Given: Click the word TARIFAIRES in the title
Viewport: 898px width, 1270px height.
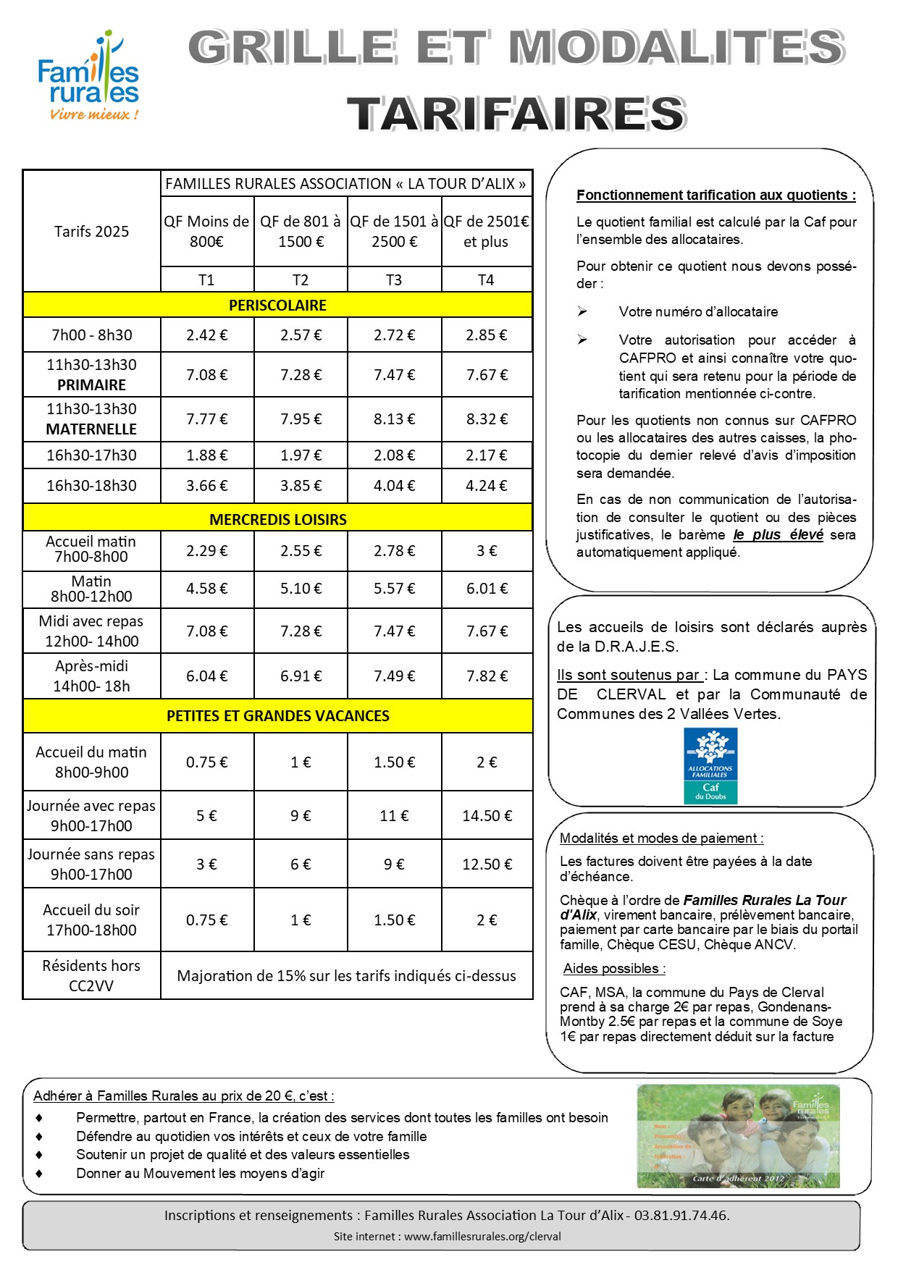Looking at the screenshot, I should [516, 114].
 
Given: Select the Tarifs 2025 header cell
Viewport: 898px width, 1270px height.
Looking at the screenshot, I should [91, 232].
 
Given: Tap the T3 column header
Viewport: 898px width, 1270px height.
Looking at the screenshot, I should [394, 280].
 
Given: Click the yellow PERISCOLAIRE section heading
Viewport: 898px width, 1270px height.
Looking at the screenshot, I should [277, 306].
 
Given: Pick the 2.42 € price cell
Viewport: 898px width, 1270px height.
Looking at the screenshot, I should [206, 335].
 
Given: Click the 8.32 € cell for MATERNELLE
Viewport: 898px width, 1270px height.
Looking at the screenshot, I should [487, 419].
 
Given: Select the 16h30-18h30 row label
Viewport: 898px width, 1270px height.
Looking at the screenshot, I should [91, 486].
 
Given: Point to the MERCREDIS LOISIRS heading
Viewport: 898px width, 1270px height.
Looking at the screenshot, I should [277, 520].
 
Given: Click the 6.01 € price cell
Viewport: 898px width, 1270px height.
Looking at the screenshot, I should [487, 589].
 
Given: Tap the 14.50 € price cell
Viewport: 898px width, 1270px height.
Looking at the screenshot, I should [487, 816].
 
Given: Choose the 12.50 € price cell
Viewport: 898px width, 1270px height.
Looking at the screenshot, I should [487, 865].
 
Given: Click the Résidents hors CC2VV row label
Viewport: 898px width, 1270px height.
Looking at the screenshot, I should [91, 975].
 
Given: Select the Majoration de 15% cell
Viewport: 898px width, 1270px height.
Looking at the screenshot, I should [346, 976].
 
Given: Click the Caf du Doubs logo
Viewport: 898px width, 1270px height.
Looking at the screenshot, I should [710, 766].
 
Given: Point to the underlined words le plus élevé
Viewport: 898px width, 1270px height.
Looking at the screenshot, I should [778, 535].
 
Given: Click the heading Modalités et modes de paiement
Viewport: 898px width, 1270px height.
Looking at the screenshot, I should [661, 838].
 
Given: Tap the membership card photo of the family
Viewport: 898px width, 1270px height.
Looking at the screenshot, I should [738, 1136].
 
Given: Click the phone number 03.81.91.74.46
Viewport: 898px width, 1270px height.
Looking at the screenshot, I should [681, 1216].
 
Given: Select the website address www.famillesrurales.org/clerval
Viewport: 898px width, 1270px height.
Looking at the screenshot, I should [482, 1237].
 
